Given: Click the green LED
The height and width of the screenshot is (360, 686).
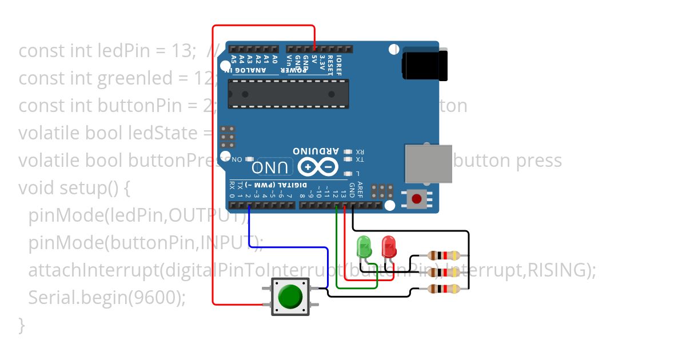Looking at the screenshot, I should pyautogui.click(x=364, y=247).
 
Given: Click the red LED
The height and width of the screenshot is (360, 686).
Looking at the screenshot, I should pyautogui.click(x=389, y=247).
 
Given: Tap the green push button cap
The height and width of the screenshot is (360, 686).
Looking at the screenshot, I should pyautogui.click(x=290, y=296).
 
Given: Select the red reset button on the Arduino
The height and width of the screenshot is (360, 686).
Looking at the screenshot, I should pyautogui.click(x=417, y=199).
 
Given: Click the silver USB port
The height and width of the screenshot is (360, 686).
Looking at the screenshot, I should pyautogui.click(x=428, y=163).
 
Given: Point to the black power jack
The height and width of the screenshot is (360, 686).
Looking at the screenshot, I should pyautogui.click(x=425, y=64).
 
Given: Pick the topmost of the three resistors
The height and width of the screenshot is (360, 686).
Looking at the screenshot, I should pyautogui.click(x=444, y=255).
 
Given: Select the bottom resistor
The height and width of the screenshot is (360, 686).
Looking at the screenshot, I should pyautogui.click(x=444, y=289).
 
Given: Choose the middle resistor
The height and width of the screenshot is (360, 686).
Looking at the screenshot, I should pyautogui.click(x=444, y=273).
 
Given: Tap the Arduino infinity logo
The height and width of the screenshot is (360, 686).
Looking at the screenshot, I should pyautogui.click(x=314, y=167).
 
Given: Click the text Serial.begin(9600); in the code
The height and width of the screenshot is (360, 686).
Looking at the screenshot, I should pyautogui.click(x=107, y=298).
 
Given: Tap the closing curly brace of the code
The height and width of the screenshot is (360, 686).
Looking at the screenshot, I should pyautogui.click(x=22, y=325).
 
